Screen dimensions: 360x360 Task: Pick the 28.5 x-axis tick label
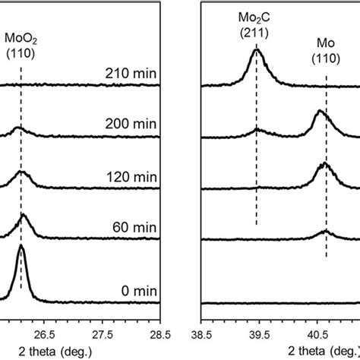(x=159, y=332)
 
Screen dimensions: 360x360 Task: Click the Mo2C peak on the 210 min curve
(x=256, y=52)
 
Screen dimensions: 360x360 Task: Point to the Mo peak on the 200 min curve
(x=320, y=113)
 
